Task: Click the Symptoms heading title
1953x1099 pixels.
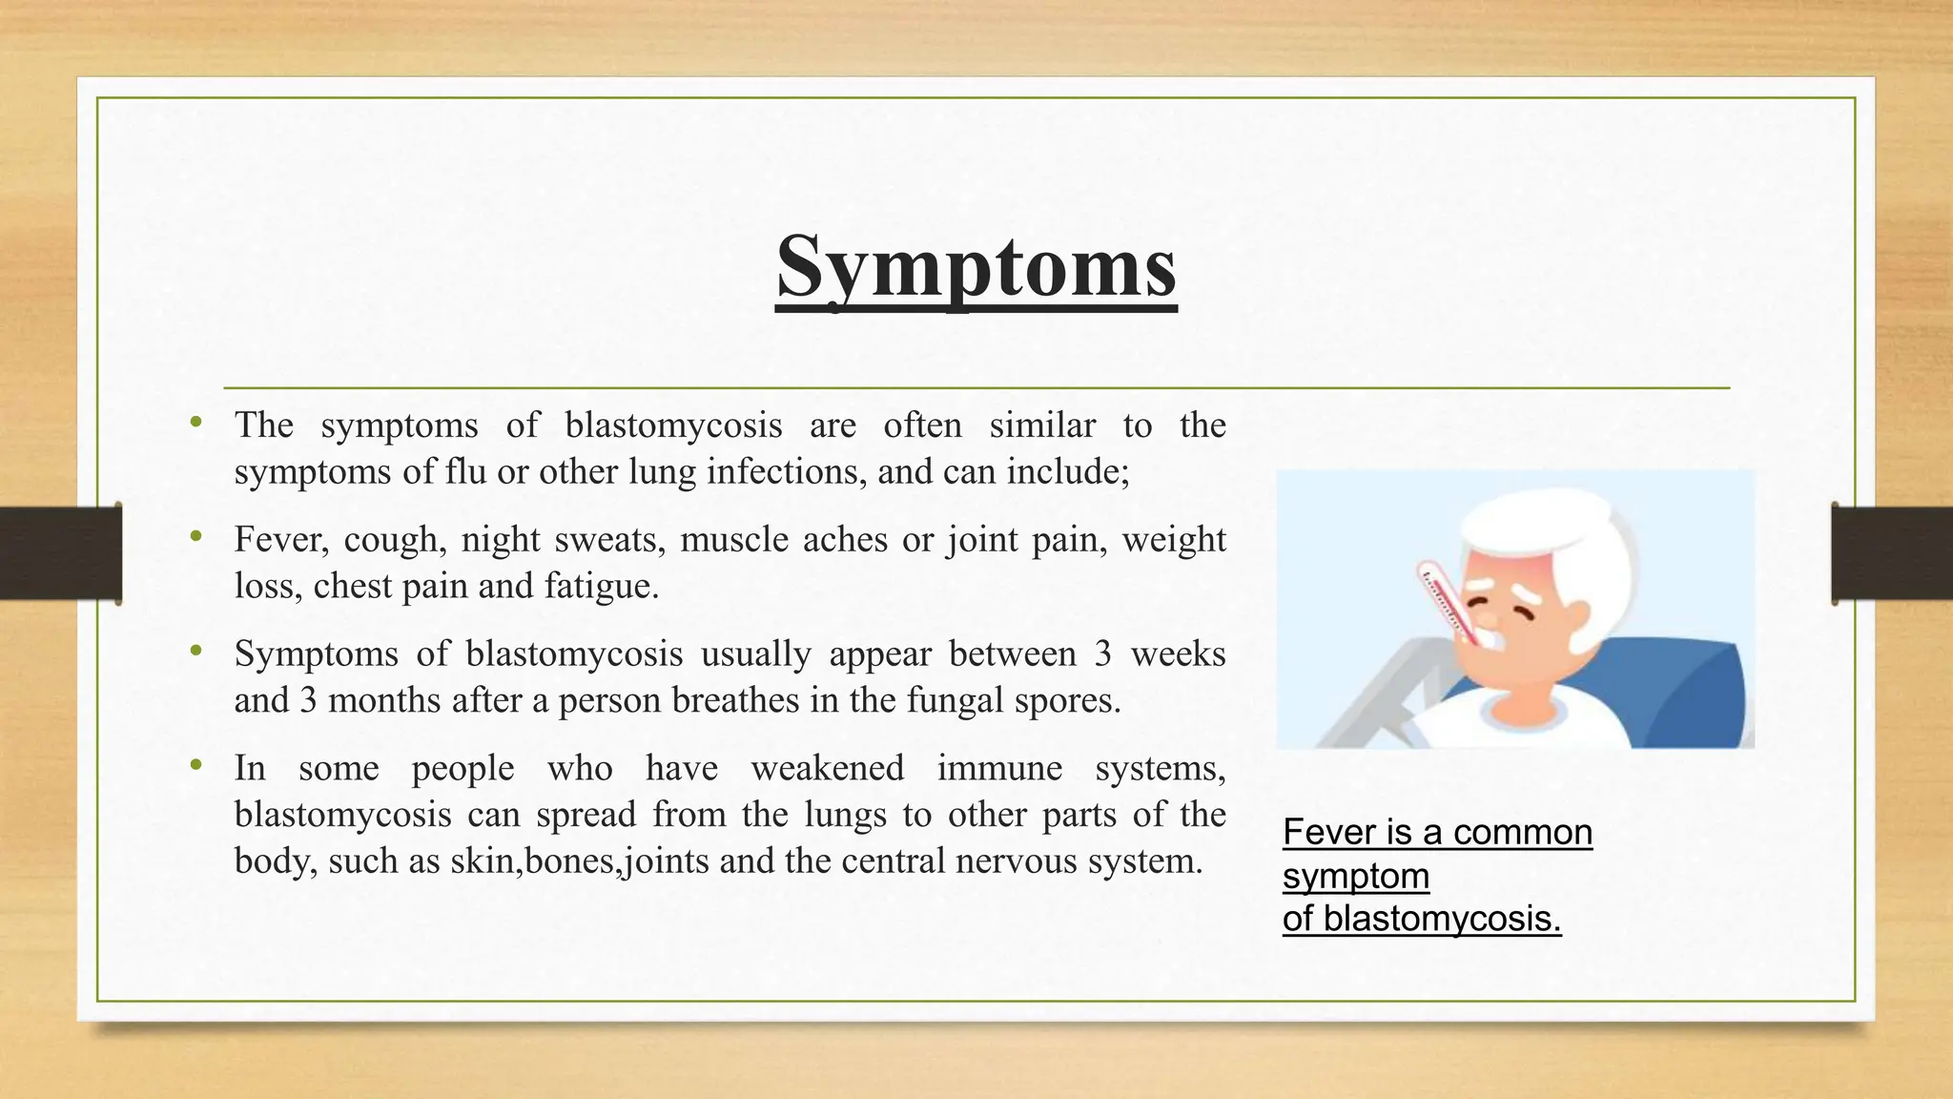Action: [x=976, y=267]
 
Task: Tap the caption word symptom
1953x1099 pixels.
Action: [x=1355, y=876]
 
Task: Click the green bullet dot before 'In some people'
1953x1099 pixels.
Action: [x=196, y=764]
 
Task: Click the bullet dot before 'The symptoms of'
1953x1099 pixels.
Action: [x=196, y=422]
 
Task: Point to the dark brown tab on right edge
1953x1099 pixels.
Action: [x=1892, y=553]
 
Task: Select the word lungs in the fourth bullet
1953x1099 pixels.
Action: [x=848, y=815]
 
